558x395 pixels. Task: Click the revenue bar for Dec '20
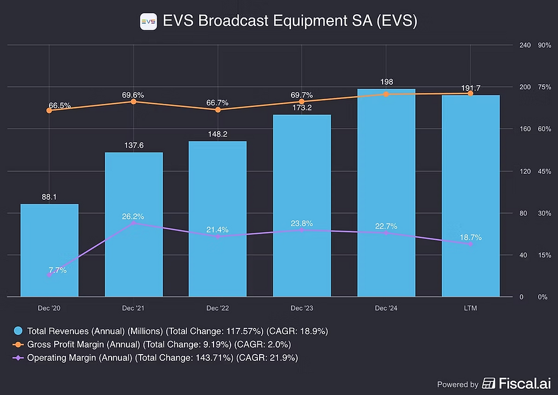coord(50,250)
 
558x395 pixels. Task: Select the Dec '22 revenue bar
coord(218,219)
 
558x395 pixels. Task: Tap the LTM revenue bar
coord(471,196)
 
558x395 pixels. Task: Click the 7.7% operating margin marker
coord(49,275)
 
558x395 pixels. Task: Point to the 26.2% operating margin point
coord(133,223)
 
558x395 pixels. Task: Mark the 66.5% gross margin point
coord(49,110)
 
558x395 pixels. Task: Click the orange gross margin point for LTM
coord(470,93)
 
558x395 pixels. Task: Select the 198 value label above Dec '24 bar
coord(387,82)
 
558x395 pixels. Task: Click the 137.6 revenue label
coord(134,145)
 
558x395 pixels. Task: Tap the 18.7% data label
coord(470,237)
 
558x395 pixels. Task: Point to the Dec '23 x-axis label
coord(302,308)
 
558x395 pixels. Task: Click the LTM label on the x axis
coord(470,308)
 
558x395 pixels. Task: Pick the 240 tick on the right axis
coord(525,45)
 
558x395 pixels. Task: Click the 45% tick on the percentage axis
coord(544,171)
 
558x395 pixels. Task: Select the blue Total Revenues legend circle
coord(18,331)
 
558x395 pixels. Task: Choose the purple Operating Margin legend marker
coord(18,357)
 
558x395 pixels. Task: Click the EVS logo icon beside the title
coord(149,22)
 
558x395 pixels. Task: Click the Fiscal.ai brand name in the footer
coord(525,383)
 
